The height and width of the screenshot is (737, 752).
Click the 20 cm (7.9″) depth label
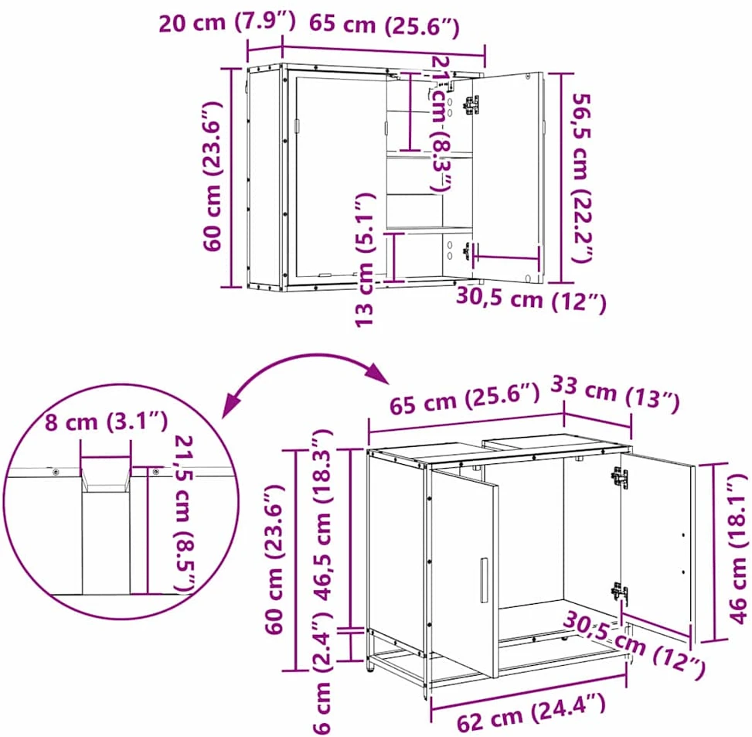coord(227,22)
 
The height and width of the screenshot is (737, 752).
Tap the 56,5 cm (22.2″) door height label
coord(581,178)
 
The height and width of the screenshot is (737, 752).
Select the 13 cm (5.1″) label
coord(364,260)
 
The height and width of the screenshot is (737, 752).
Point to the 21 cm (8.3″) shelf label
coord(442,123)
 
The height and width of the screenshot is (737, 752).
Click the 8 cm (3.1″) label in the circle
coord(106,421)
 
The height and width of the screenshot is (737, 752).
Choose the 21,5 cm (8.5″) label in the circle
coord(185,514)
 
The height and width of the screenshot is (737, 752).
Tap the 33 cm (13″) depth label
coord(615,394)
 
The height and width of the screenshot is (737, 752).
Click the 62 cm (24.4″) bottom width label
coord(531,713)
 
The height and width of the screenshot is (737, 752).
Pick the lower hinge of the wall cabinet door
coord(467,251)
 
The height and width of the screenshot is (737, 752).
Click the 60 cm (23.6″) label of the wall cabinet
coord(213,176)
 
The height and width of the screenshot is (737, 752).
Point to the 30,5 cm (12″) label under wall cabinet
coord(531,299)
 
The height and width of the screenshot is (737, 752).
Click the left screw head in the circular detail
coord(56,473)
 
